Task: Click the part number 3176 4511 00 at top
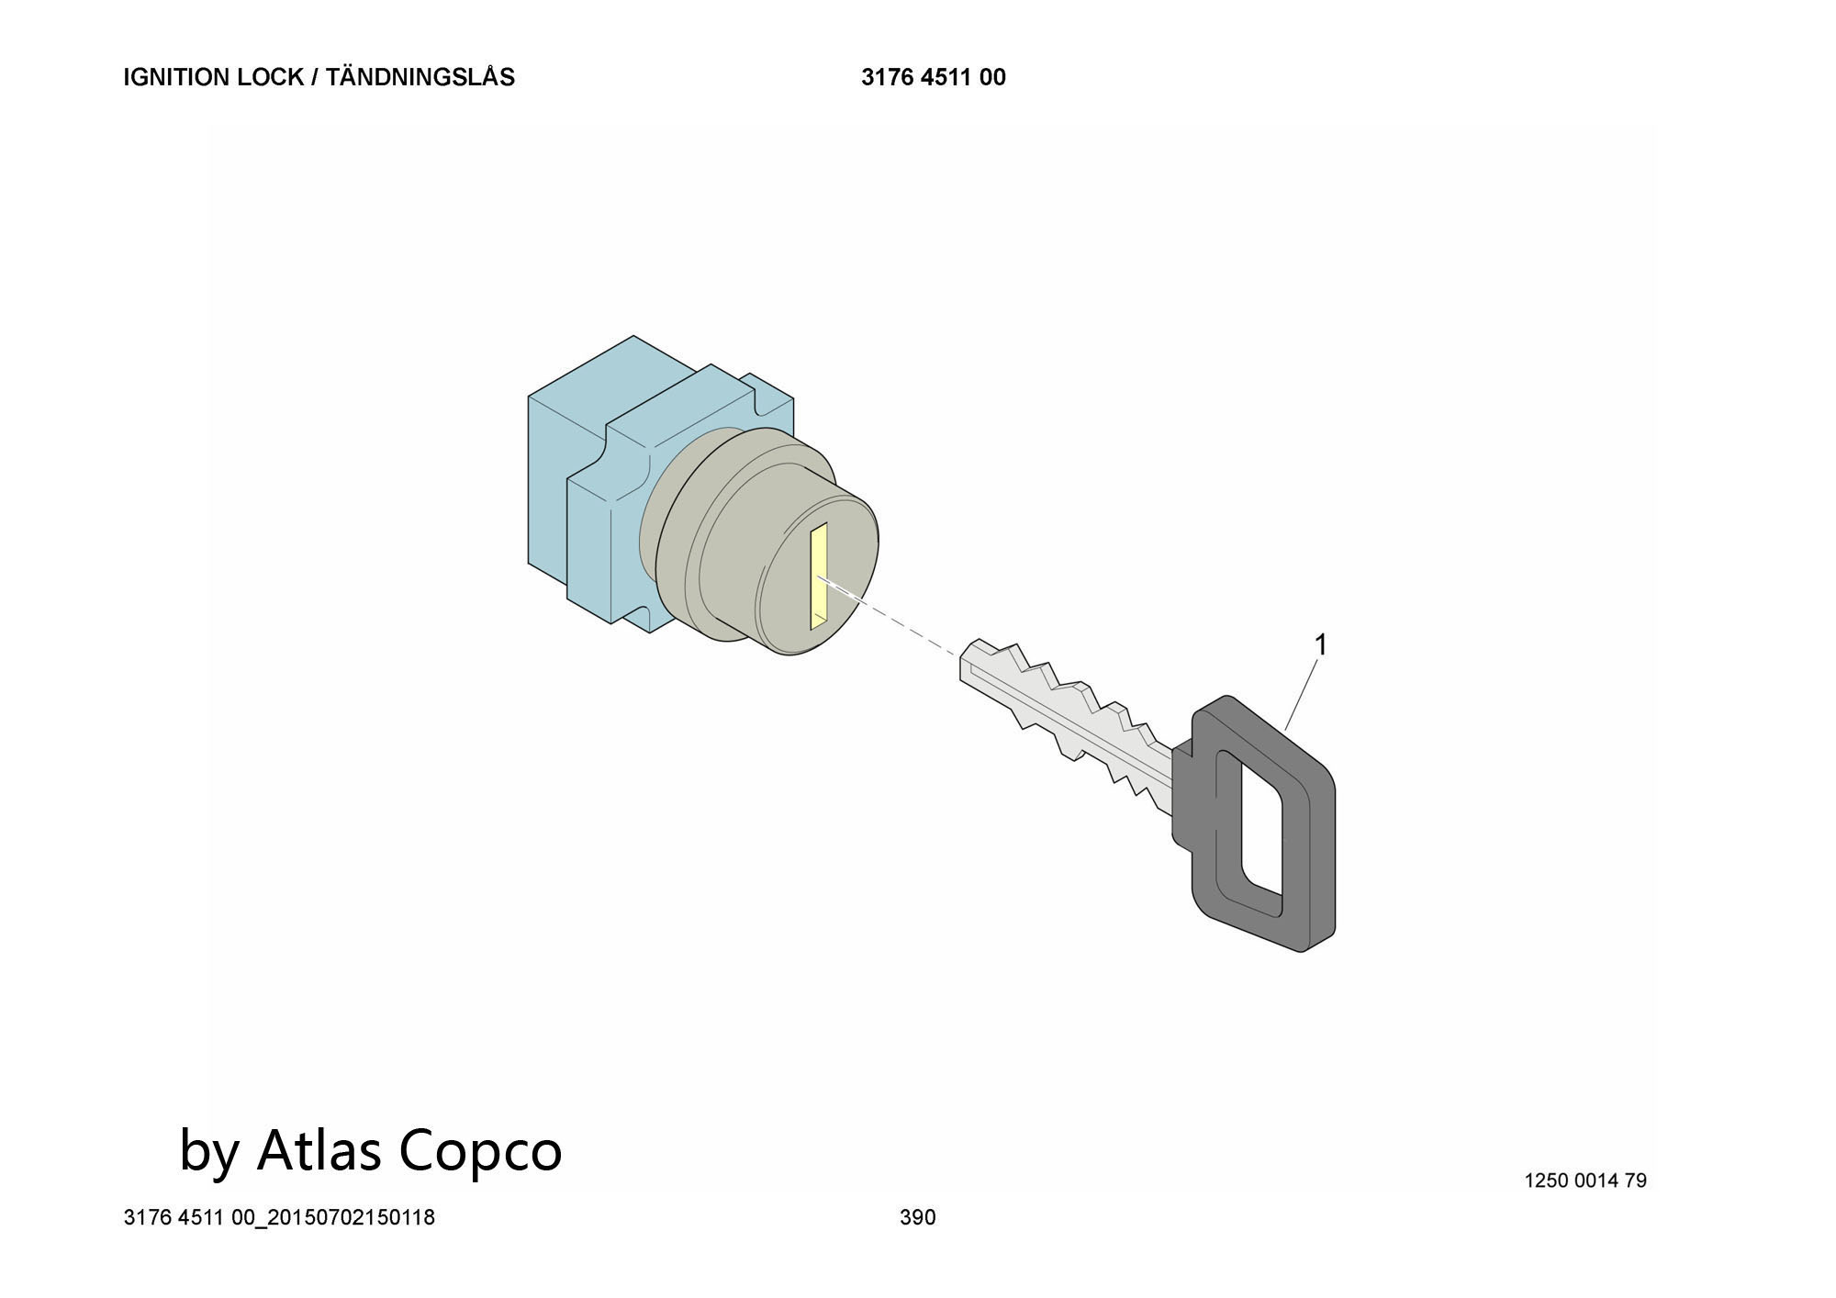point(934,77)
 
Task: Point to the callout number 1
point(1321,645)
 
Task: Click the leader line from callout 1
point(1303,695)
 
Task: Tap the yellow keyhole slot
point(819,576)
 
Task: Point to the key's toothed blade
point(1065,716)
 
